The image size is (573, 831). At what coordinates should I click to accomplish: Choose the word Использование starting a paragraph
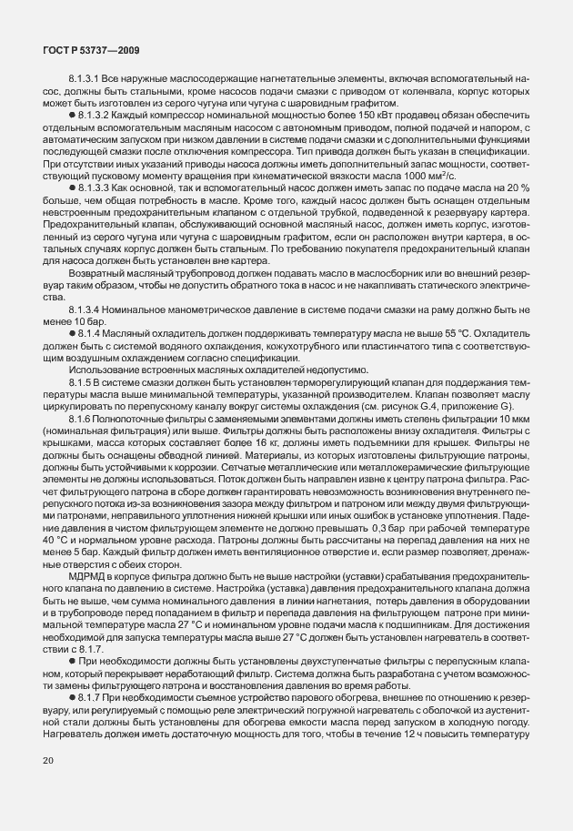[x=100, y=370]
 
